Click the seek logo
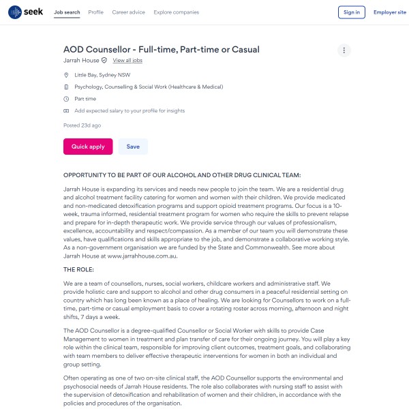tap(26, 12)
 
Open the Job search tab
tap(67, 12)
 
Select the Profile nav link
tap(96, 12)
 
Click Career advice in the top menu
tap(128, 12)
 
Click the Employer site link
tap(389, 12)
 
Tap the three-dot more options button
tap(344, 50)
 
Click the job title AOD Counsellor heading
tap(162, 49)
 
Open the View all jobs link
tap(127, 61)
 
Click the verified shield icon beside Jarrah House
tap(104, 61)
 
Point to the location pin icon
tap(66, 75)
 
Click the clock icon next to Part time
tap(66, 99)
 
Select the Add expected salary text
tap(130, 110)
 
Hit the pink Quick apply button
tap(88, 147)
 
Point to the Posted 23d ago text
tap(82, 125)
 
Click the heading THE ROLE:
tap(79, 269)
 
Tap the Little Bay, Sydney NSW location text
tap(102, 75)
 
